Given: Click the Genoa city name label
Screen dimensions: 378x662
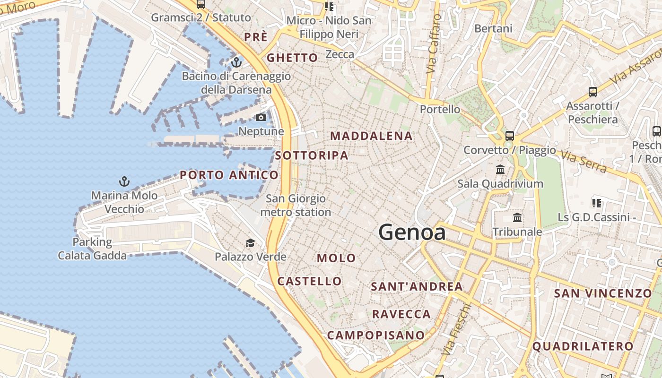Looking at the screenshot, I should coord(412,232).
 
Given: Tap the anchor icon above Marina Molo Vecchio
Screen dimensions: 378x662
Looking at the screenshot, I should coord(124,181).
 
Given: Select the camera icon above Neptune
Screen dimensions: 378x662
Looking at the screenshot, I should coord(261,117).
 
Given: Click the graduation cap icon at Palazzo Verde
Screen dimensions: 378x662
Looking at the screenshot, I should coord(250,243).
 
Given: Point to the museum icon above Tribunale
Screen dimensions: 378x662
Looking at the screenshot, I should coord(517,218).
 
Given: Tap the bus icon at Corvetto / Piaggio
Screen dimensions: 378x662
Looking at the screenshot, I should coord(509,136).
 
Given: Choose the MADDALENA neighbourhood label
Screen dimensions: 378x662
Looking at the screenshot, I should coord(371,136).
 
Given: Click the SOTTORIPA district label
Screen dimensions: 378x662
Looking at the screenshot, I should coord(312,155).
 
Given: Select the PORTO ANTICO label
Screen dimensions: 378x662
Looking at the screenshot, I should coord(229,175).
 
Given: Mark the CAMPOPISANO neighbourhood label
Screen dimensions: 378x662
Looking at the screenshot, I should coord(376,335).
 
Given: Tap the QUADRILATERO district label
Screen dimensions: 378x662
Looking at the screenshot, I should coord(583,346).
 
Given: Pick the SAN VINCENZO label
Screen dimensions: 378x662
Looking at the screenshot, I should coord(603,293).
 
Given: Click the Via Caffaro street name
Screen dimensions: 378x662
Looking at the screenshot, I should coord(434,43).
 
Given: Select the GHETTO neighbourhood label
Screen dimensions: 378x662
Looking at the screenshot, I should coord(292,58).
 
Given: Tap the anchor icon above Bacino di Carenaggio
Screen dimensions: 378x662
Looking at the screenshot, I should coord(236,62).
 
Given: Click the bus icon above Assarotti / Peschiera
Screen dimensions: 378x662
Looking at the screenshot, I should coord(592,92).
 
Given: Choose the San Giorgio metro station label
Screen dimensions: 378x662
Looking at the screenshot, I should coord(296,205).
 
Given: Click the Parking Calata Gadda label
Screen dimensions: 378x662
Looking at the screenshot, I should coord(92,249).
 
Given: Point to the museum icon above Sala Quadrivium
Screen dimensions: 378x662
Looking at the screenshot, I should coord(500,169).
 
